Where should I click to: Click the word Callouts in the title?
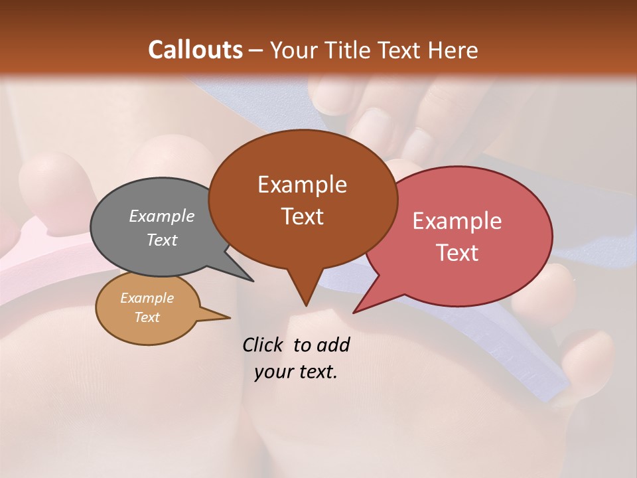[x=195, y=50]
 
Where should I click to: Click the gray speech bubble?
[x=133, y=252]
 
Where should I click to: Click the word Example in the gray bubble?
[x=162, y=216]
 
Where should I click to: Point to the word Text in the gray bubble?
[x=162, y=240]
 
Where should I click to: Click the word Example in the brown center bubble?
[x=303, y=185]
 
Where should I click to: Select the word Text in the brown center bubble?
[x=303, y=216]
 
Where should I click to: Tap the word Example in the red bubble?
[x=457, y=221]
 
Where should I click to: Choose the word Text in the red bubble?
[x=457, y=253]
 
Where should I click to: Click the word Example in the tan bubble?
[x=147, y=298]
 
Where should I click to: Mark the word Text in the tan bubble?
[x=147, y=317]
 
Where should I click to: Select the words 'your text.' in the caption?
[x=296, y=372]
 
